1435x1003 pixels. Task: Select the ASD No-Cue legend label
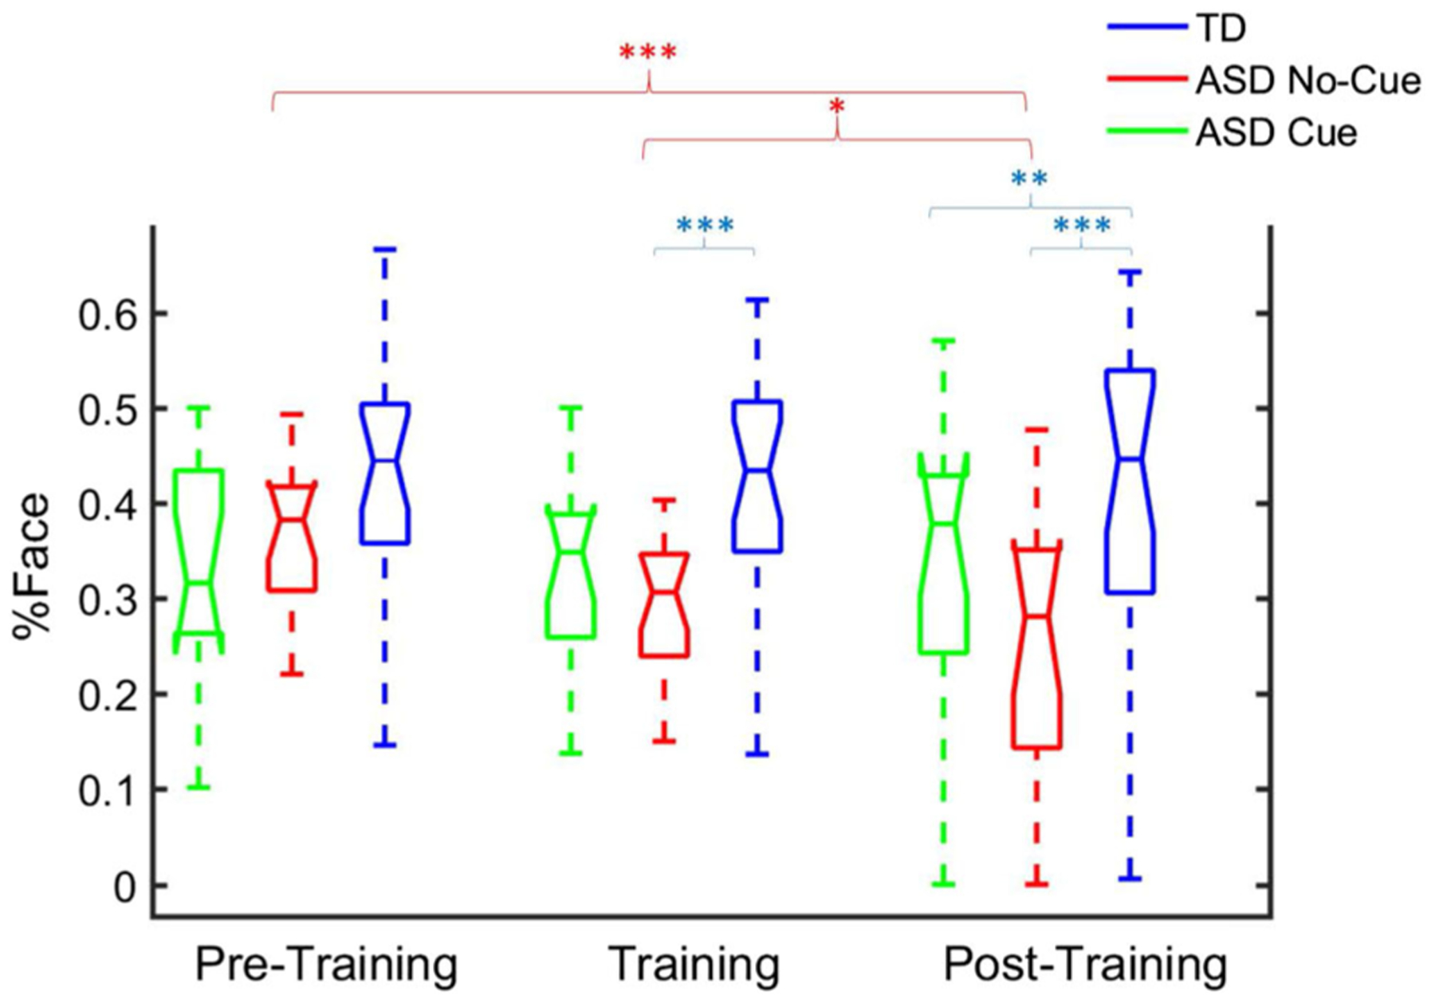[x=1307, y=81]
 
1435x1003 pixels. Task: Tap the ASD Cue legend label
[x=1276, y=132]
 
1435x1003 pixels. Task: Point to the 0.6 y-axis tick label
[x=108, y=315]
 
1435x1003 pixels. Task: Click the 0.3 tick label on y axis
[x=108, y=600]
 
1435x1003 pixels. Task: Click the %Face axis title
[x=32, y=566]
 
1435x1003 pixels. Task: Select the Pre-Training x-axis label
[x=326, y=965]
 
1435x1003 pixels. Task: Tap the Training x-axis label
[x=694, y=965]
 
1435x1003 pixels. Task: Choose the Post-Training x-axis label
[x=1085, y=965]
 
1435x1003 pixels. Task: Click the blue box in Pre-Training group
[x=385, y=474]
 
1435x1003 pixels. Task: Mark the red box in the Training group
[x=664, y=604]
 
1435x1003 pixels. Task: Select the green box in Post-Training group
[x=943, y=558]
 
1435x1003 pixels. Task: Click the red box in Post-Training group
[x=1036, y=646]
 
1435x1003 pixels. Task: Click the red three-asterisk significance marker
[x=648, y=53]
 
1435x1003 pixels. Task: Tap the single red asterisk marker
[x=835, y=107]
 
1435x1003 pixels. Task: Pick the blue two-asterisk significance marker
[x=1028, y=179]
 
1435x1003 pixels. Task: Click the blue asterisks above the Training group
[x=705, y=226]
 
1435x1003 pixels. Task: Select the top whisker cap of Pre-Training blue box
[x=385, y=250]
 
